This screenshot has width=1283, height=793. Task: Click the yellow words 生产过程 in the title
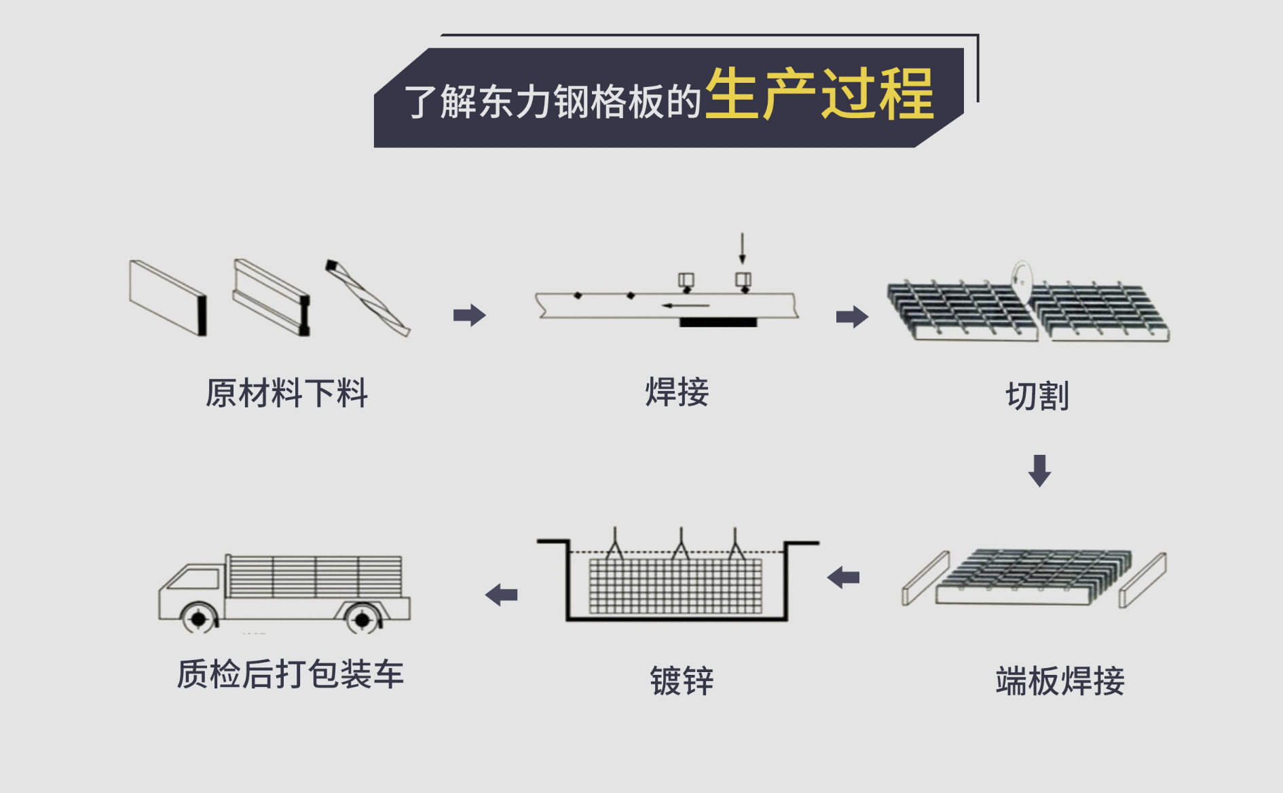tap(819, 94)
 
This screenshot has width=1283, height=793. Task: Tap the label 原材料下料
tap(286, 393)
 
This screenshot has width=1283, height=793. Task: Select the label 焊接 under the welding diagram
tap(677, 392)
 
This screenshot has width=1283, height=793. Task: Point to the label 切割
tap(1037, 396)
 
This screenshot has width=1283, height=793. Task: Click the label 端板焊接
tap(1060, 680)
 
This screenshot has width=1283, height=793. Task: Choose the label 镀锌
tap(682, 680)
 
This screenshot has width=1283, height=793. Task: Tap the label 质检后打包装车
tap(290, 674)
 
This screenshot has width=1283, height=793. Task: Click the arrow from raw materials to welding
tap(470, 315)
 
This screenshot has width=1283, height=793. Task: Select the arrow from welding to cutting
tap(852, 316)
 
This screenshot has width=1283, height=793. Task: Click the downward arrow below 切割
tap(1039, 471)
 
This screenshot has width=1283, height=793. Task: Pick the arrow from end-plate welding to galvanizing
tap(843, 578)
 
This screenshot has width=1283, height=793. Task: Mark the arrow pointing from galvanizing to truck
tap(502, 595)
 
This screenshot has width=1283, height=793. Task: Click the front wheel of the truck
tap(198, 619)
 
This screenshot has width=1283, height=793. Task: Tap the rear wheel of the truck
tap(362, 619)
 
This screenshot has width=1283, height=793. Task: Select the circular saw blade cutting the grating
tap(1021, 280)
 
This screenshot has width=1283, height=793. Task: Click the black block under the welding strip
tap(718, 322)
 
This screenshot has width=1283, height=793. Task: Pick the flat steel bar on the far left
tap(168, 297)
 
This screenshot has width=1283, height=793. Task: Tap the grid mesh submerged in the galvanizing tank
tap(675, 586)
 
